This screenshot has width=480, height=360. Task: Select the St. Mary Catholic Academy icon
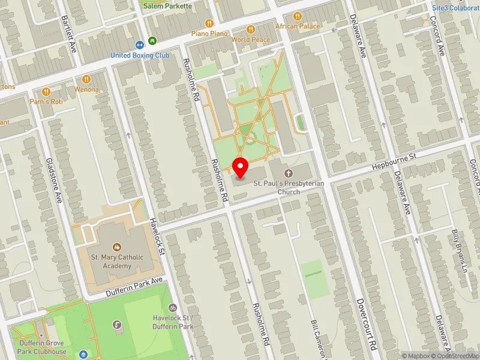(117, 247)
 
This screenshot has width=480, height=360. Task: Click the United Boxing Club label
(140, 55)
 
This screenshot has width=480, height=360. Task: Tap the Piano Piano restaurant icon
(209, 23)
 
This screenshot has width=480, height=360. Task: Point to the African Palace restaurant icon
(297, 16)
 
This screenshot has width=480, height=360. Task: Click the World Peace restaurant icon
(251, 29)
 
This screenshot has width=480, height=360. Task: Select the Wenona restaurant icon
(86, 79)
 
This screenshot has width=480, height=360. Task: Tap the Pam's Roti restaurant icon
(46, 91)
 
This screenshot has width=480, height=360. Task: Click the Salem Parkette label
(168, 6)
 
